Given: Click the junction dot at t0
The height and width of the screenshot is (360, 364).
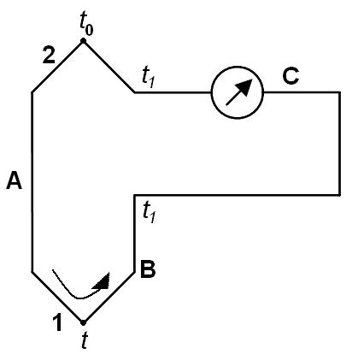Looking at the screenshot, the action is (x=83, y=41).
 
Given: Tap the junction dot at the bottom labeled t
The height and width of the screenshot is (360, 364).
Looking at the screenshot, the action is (x=83, y=322).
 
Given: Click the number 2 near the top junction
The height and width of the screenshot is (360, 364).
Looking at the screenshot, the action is (x=49, y=55).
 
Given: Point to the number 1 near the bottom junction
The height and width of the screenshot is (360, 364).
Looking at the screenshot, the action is (x=57, y=322).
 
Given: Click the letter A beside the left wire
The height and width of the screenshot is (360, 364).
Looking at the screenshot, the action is (x=15, y=180).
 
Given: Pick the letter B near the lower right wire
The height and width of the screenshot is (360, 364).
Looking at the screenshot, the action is (x=148, y=269).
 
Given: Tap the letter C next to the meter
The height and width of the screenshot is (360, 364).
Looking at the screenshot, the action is (x=291, y=76).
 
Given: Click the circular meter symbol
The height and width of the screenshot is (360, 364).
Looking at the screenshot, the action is (x=237, y=92).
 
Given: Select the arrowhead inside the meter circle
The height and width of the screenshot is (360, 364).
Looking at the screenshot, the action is (x=245, y=86).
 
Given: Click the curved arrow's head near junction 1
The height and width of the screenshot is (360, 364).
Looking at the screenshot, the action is (x=103, y=281).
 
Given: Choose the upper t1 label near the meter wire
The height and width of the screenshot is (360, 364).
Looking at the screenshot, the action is (x=148, y=78).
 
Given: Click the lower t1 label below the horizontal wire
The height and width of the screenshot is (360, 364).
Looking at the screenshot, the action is (x=149, y=212).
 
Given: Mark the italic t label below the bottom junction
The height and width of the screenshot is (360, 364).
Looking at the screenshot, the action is (x=84, y=340).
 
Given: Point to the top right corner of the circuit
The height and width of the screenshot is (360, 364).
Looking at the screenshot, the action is (x=339, y=92).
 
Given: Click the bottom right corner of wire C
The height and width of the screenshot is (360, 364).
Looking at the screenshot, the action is (x=339, y=195).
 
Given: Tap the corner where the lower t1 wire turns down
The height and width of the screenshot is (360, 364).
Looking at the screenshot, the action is (x=134, y=195).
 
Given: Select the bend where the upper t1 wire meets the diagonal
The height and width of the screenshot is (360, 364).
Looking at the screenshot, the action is (x=135, y=92).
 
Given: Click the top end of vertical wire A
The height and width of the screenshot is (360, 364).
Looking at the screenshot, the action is (x=32, y=92).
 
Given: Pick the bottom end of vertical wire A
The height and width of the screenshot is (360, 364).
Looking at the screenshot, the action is (x=32, y=272).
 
